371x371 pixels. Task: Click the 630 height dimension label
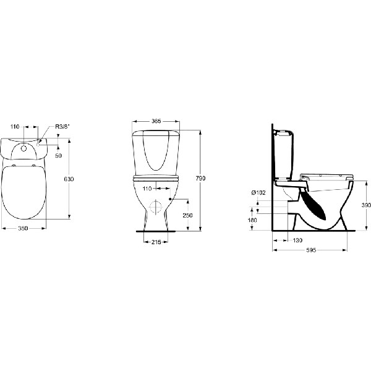tap(69, 179)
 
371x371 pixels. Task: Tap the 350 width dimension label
tap(23, 228)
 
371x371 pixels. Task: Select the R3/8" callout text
tap(62, 127)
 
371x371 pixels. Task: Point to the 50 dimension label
tap(59, 155)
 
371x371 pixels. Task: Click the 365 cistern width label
tap(156, 121)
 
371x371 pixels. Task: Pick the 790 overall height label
tap(200, 179)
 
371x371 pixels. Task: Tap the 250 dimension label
tap(187, 215)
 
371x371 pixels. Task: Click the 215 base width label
tap(156, 242)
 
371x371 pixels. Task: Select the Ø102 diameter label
tap(258, 193)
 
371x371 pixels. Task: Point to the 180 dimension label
tap(252, 220)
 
